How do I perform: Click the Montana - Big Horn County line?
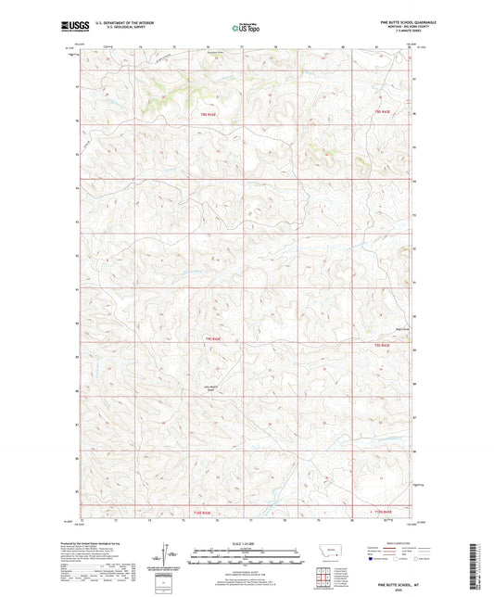pos(392,30)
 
